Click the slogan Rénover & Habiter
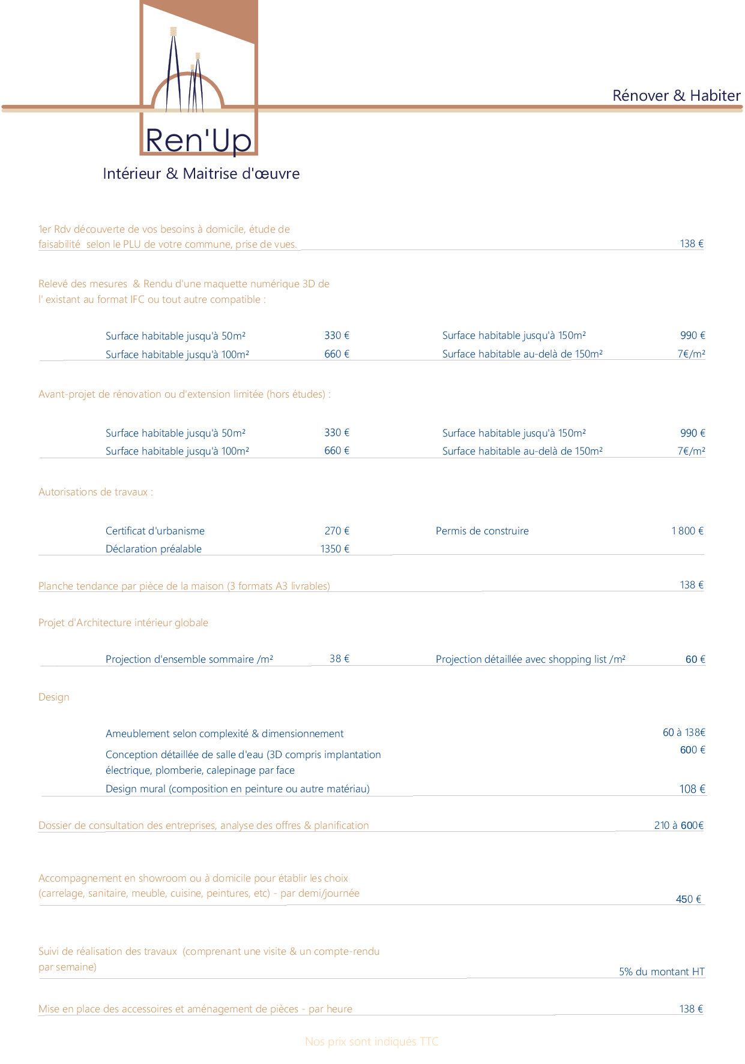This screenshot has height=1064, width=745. (x=676, y=95)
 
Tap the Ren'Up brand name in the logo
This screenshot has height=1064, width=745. (x=199, y=140)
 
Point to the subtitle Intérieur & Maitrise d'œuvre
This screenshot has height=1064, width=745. (x=201, y=174)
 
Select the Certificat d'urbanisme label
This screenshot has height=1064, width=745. (x=155, y=531)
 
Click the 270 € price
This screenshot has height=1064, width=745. (x=337, y=531)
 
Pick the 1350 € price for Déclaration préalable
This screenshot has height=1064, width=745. (x=334, y=549)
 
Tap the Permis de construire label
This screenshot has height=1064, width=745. (x=482, y=531)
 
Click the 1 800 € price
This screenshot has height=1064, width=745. (x=687, y=531)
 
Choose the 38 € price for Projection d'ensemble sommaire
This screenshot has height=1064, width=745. (x=339, y=659)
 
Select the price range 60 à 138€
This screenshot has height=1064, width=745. (x=684, y=732)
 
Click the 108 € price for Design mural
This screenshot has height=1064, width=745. (x=692, y=789)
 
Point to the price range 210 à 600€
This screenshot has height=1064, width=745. (x=678, y=825)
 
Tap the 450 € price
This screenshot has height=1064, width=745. (x=689, y=899)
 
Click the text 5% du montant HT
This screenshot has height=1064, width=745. (x=662, y=972)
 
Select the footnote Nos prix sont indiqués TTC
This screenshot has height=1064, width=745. (x=372, y=1042)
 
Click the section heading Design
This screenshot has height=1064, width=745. (x=54, y=697)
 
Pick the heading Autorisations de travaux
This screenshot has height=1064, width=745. (x=95, y=492)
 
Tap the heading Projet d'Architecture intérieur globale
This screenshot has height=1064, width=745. (x=123, y=623)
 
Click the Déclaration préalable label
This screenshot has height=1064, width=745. (x=154, y=549)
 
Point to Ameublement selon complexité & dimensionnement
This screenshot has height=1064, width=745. (x=225, y=734)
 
